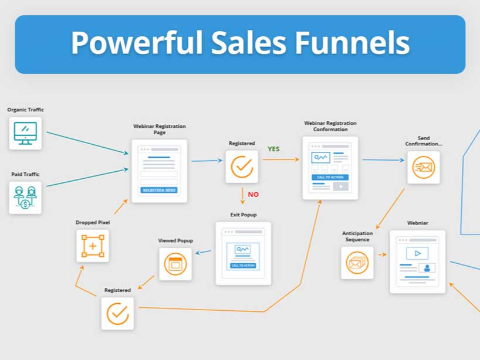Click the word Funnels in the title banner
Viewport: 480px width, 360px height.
coord(352,43)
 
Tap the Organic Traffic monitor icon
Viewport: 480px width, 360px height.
coord(25,133)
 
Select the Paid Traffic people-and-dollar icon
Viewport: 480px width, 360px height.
coord(25,198)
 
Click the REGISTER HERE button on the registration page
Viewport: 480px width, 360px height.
coord(159,190)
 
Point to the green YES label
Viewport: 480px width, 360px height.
coord(273,149)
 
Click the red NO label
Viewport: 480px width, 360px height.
coord(253,195)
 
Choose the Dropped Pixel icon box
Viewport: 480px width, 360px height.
coord(93,246)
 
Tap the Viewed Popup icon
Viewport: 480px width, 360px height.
coord(175,264)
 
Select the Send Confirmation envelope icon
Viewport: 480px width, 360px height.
coord(424,167)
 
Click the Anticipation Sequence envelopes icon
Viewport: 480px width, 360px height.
coord(357,263)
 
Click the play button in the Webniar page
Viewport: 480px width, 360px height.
coord(417,253)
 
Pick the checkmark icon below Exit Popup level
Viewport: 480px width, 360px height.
coord(117,314)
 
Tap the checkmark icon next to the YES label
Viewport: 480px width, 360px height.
coord(242,167)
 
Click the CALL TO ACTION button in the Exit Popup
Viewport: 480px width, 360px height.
coord(244,266)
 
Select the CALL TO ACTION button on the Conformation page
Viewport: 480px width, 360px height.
coord(330,177)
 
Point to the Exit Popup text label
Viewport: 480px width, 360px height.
coord(244,215)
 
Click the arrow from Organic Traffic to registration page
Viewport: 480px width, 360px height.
coord(87,142)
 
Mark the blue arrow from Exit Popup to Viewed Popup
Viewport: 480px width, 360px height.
coord(203,252)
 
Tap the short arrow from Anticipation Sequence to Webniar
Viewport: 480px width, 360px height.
coord(383,254)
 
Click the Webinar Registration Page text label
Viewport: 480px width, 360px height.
coord(160,129)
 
